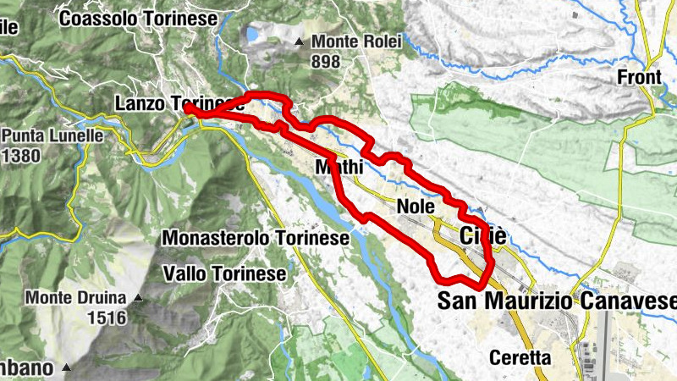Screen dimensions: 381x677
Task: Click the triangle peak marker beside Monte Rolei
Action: (x=298, y=41)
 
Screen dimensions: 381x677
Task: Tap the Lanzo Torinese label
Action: (x=173, y=103)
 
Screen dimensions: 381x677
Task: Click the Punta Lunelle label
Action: (x=52, y=135)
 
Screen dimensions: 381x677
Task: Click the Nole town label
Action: (x=415, y=206)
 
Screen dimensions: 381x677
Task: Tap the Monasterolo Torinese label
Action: (x=255, y=239)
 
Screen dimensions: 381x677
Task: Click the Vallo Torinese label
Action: (x=224, y=273)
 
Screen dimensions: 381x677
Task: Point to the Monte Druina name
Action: (x=75, y=298)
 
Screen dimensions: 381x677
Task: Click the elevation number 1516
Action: (x=105, y=318)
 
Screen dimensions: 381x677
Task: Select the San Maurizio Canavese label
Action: (x=559, y=301)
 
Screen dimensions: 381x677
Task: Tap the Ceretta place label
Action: (x=520, y=357)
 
